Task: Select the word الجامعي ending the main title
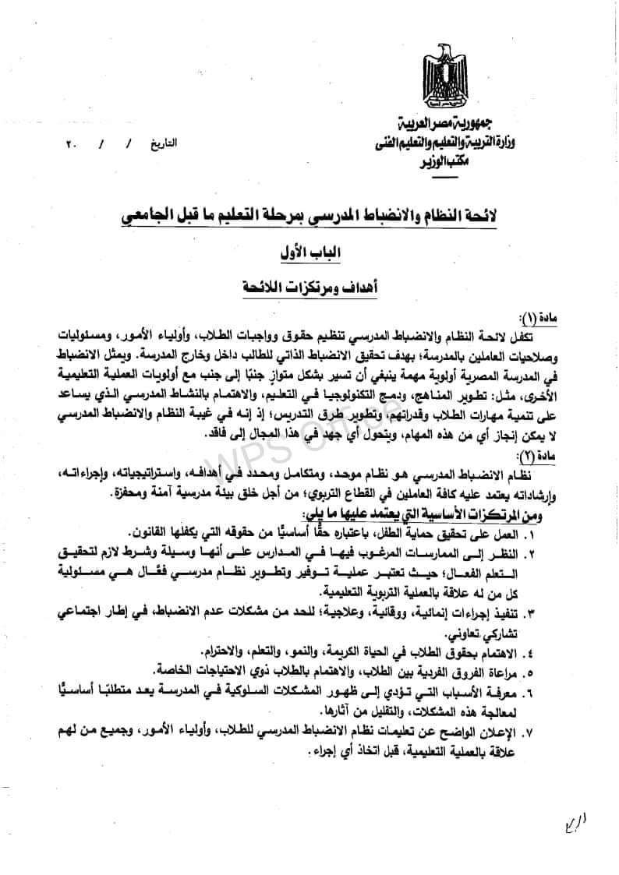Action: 146,214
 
